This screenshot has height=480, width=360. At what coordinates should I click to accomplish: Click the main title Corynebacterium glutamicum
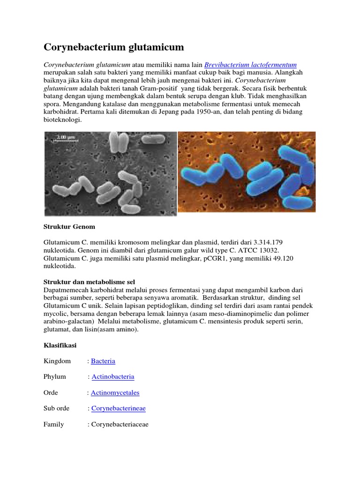113,47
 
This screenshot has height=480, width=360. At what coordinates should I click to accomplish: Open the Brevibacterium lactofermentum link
251,65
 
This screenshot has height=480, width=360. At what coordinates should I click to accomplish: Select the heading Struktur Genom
69,227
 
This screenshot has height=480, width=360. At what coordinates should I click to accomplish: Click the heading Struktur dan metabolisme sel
89,282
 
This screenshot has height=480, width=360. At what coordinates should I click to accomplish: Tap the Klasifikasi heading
60,345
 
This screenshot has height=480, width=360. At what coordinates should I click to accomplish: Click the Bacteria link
103,361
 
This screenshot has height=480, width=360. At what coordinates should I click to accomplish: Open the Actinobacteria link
113,377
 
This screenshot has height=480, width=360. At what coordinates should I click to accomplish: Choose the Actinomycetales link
115,393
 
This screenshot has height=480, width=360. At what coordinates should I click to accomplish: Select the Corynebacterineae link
118,409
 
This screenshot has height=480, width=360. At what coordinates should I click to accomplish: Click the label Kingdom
57,361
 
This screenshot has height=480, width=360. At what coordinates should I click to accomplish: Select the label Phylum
55,377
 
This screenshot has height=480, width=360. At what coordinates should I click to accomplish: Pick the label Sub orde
57,409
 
